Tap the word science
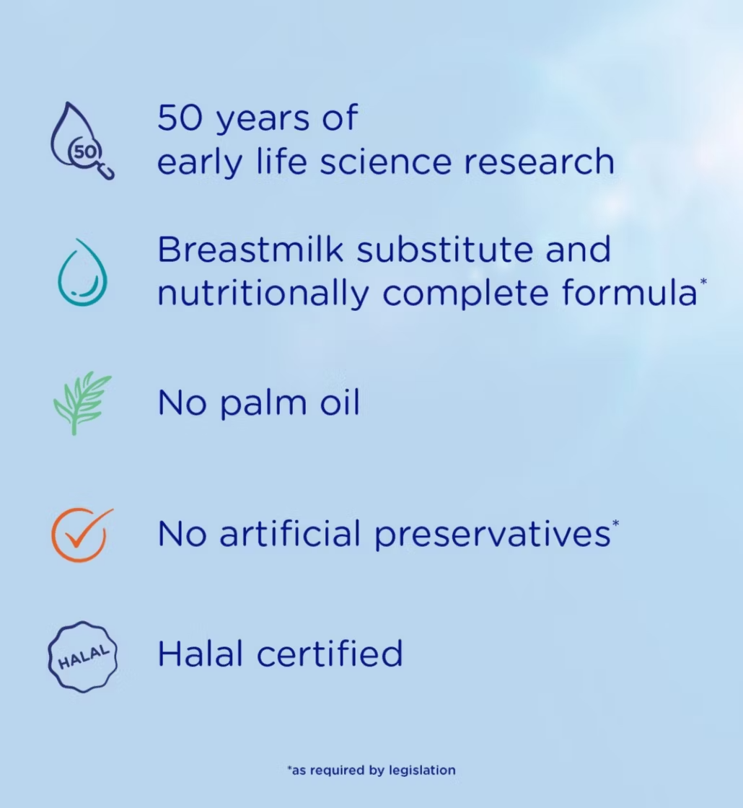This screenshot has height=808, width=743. pyautogui.click(x=385, y=162)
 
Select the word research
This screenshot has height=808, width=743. pyautogui.click(x=539, y=162)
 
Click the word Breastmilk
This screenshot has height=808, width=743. pyautogui.click(x=250, y=250)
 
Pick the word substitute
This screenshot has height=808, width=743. pyautogui.click(x=444, y=250)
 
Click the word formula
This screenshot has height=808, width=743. pyautogui.click(x=629, y=293)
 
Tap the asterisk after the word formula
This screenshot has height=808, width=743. pyautogui.click(x=703, y=281)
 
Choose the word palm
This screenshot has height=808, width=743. pyautogui.click(x=263, y=403)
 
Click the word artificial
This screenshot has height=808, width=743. pyautogui.click(x=290, y=533)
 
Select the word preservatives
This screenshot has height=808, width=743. pyautogui.click(x=492, y=535)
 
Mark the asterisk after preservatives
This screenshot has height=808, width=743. pyautogui.click(x=615, y=523)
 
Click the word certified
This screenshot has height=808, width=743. pyautogui.click(x=330, y=654)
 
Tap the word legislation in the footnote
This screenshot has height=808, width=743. pyautogui.click(x=422, y=770)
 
